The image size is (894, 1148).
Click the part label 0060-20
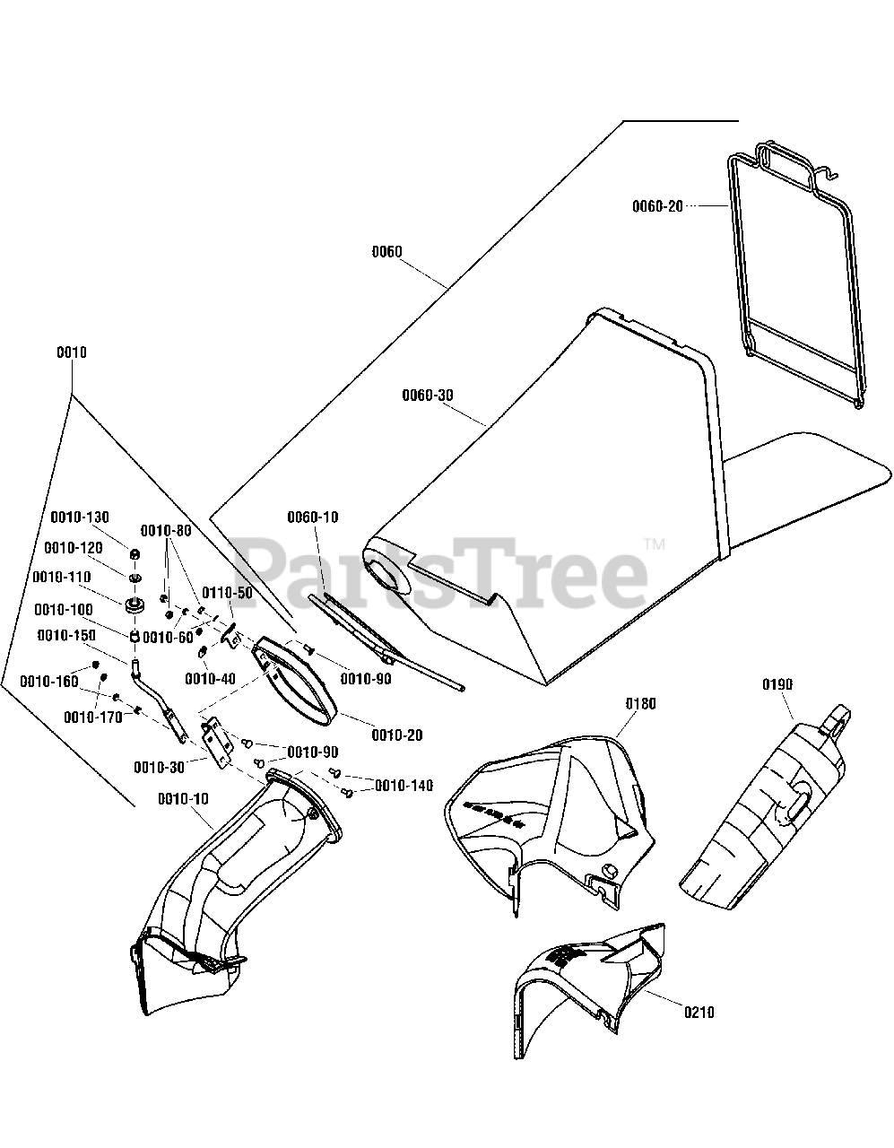pyautogui.click(x=657, y=205)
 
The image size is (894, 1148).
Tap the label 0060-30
pyautogui.click(x=427, y=395)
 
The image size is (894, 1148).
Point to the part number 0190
pyautogui.click(x=777, y=684)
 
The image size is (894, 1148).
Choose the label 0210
pyautogui.click(x=699, y=1013)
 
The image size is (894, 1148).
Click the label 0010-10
pyautogui.click(x=183, y=798)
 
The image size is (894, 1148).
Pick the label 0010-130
pyautogui.click(x=79, y=517)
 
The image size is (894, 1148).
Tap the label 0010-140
pyautogui.click(x=404, y=786)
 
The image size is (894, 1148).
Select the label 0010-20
pyautogui.click(x=396, y=735)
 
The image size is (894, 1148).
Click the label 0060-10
pyautogui.click(x=313, y=517)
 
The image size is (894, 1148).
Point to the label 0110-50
pyautogui.click(x=227, y=593)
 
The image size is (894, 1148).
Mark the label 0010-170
pyautogui.click(x=92, y=717)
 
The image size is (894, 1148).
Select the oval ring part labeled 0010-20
pyautogui.click(x=297, y=678)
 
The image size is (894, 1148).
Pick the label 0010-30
pyautogui.click(x=160, y=767)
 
